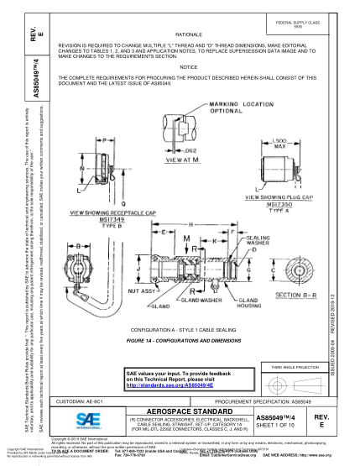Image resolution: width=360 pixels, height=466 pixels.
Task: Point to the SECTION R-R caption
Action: [x=300, y=295]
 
